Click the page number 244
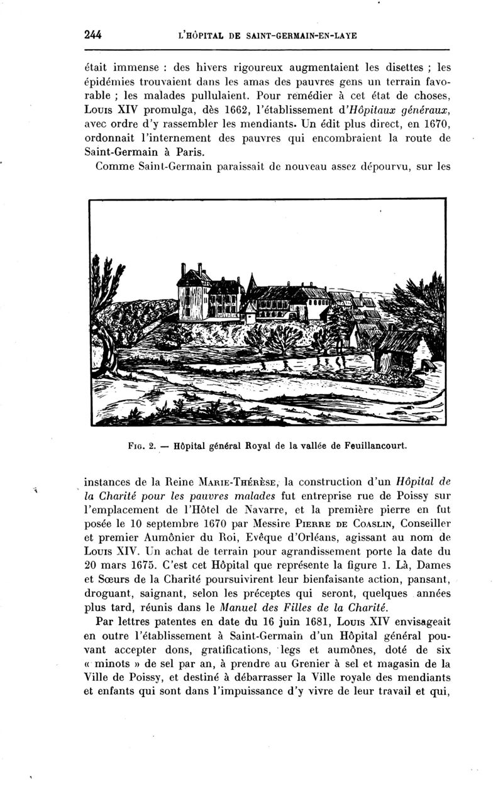93,35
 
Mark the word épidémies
112,82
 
